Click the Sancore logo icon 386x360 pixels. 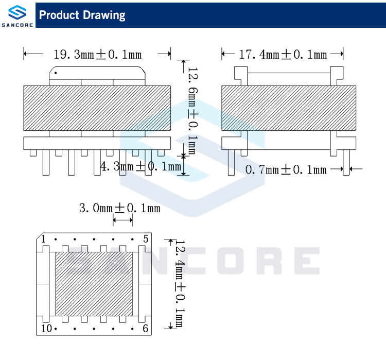click(17, 12)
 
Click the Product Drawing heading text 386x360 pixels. click(82, 15)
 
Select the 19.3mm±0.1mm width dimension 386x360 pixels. click(98, 55)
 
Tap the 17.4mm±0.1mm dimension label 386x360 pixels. click(283, 55)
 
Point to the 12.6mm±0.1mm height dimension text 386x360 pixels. click(193, 111)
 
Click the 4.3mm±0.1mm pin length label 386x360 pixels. click(141, 166)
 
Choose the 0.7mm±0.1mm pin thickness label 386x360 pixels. click(286, 169)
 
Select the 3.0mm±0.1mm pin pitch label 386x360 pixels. click(119, 208)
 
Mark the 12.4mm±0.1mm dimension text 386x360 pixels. click(180, 284)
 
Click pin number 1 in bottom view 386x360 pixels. click(44, 239)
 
